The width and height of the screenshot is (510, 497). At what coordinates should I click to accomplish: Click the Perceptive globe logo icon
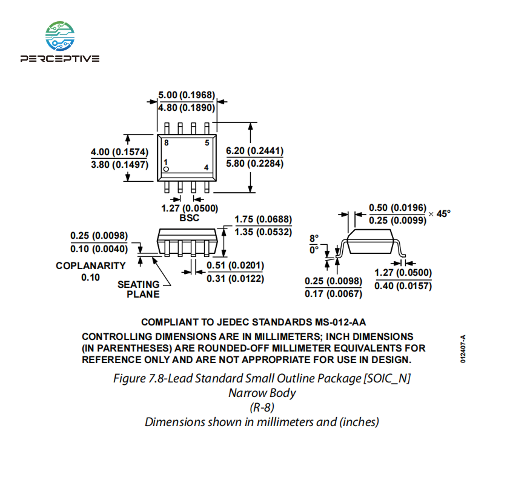pyautogui.click(x=60, y=36)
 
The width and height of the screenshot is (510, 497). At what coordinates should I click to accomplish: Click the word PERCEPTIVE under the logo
pyautogui.click(x=60, y=59)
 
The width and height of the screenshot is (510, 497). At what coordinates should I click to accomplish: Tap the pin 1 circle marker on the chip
pyautogui.click(x=166, y=169)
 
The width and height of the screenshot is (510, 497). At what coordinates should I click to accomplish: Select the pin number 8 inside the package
pyautogui.click(x=166, y=142)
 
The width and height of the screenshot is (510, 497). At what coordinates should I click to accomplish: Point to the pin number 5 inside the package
pyautogui.click(x=207, y=142)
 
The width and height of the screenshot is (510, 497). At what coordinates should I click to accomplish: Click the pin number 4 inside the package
pyautogui.click(x=206, y=167)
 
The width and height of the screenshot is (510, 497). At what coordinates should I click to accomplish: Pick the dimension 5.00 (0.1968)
pyautogui.click(x=187, y=95)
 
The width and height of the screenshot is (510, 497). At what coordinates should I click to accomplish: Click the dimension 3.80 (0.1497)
pyautogui.click(x=120, y=165)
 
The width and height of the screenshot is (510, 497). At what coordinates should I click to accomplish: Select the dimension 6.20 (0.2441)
pyautogui.click(x=254, y=151)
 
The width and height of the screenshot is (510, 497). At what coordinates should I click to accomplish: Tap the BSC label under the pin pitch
pyautogui.click(x=190, y=218)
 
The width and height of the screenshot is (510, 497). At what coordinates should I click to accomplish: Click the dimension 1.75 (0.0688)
pyautogui.click(x=263, y=219)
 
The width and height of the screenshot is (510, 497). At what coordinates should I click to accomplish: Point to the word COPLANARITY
pyautogui.click(x=91, y=265)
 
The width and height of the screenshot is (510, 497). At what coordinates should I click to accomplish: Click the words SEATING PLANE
pyautogui.click(x=139, y=289)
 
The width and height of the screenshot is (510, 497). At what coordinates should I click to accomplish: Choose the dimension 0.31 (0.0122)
pyautogui.click(x=235, y=279)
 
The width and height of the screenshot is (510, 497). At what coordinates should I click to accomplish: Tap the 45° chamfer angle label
pyautogui.click(x=443, y=214)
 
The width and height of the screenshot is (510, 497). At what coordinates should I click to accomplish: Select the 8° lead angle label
pyautogui.click(x=314, y=239)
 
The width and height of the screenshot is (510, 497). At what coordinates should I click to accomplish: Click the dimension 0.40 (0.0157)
pyautogui.click(x=403, y=285)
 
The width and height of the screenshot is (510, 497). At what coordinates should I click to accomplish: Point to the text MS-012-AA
pyautogui.click(x=340, y=322)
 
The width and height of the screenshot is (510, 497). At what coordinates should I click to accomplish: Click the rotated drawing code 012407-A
pyautogui.click(x=463, y=349)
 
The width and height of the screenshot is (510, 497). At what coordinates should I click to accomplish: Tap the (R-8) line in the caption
pyautogui.click(x=262, y=407)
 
